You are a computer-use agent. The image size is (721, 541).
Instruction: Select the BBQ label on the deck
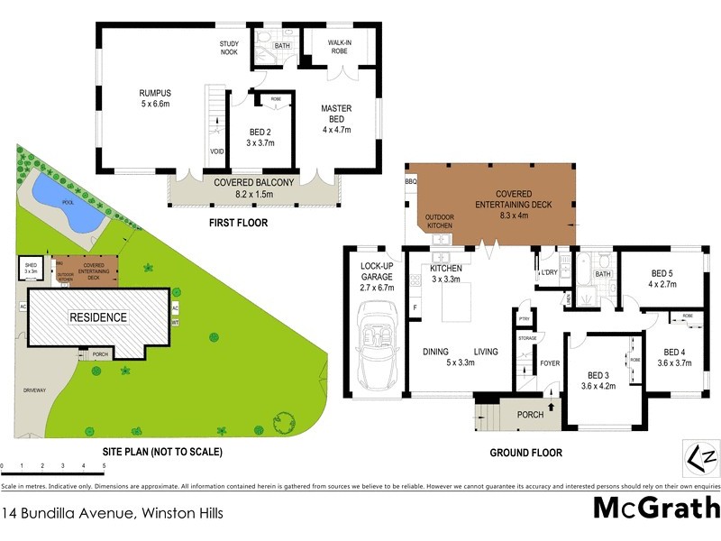[412, 182]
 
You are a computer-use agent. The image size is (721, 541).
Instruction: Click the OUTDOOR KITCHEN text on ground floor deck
[440, 221]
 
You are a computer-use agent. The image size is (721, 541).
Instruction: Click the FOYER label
[551, 364]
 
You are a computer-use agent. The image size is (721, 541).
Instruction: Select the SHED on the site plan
[32, 268]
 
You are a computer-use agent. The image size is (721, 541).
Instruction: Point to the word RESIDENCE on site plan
[100, 317]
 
